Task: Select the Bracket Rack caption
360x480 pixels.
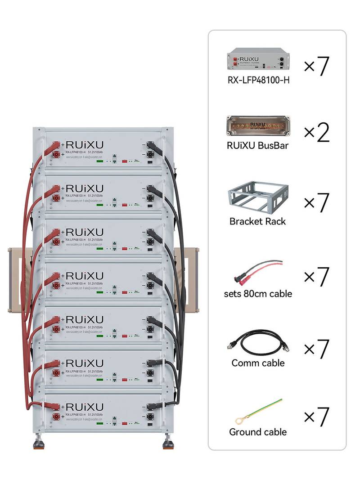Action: pos(257,221)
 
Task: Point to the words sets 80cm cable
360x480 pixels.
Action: pos(258,294)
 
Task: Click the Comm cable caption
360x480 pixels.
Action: pos(258,363)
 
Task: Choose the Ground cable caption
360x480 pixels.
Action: pos(258,432)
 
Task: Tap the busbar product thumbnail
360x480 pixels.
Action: pos(258,126)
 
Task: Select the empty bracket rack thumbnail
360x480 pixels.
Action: pos(257,198)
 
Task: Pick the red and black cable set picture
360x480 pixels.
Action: pos(258,272)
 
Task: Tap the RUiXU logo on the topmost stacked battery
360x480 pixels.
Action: pos(84,144)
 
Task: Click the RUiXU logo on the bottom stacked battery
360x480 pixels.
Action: pos(84,407)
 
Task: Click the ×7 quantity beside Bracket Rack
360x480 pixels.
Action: pos(317,203)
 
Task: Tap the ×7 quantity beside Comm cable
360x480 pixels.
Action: pos(317,349)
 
